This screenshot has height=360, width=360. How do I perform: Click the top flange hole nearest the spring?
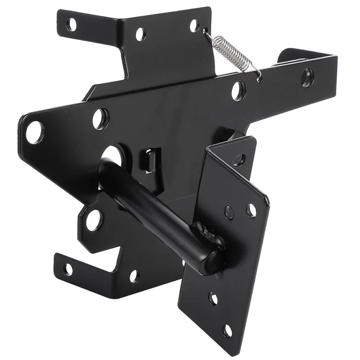pyautogui.click(x=194, y=25)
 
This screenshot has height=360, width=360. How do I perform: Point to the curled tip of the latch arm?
pyautogui.click(x=288, y=55)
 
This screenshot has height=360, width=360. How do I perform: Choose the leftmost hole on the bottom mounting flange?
pyautogui.click(x=67, y=269)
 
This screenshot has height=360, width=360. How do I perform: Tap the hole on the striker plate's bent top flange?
pyautogui.click(x=239, y=159)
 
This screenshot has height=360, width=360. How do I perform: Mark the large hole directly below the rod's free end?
pyautogui.click(x=94, y=220)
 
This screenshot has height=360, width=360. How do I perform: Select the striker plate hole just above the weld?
pyautogui.click(x=229, y=211)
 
